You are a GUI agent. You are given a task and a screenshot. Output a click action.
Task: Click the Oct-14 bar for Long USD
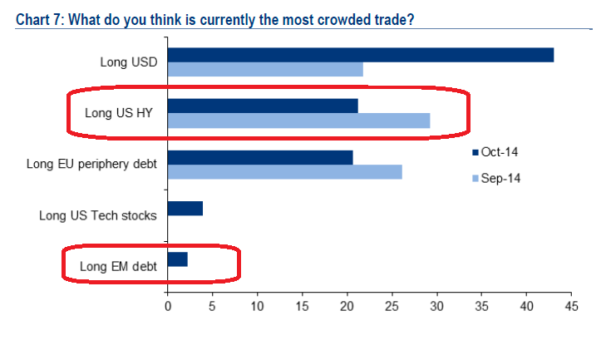[361, 55]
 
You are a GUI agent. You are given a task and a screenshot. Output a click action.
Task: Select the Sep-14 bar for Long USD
[265, 70]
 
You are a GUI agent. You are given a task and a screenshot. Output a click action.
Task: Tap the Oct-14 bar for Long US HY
[263, 106]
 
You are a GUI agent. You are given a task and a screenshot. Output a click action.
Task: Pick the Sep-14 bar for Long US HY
[298, 121]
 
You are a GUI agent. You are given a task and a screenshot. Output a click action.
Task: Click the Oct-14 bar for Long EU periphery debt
[260, 156]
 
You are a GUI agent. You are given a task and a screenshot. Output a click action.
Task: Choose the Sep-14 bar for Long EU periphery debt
[284, 171]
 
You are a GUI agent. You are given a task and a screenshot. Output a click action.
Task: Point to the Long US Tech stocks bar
[185, 208]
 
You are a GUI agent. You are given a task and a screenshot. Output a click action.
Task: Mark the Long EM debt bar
[178, 259]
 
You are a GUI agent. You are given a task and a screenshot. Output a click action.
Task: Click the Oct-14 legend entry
[500, 152]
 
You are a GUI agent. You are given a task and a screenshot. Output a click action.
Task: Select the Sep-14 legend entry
[500, 178]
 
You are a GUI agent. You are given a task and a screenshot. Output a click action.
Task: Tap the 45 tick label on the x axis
[571, 307]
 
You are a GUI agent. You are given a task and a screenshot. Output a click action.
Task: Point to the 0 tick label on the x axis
[168, 307]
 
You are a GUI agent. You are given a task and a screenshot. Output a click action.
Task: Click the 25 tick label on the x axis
[392, 307]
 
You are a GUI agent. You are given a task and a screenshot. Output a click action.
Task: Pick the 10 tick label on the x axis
[257, 307]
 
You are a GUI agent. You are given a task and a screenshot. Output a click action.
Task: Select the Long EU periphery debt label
[92, 164]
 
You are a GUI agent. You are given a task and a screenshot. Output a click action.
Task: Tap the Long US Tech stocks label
[97, 215]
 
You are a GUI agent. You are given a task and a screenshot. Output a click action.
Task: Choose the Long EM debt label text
[117, 267]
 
